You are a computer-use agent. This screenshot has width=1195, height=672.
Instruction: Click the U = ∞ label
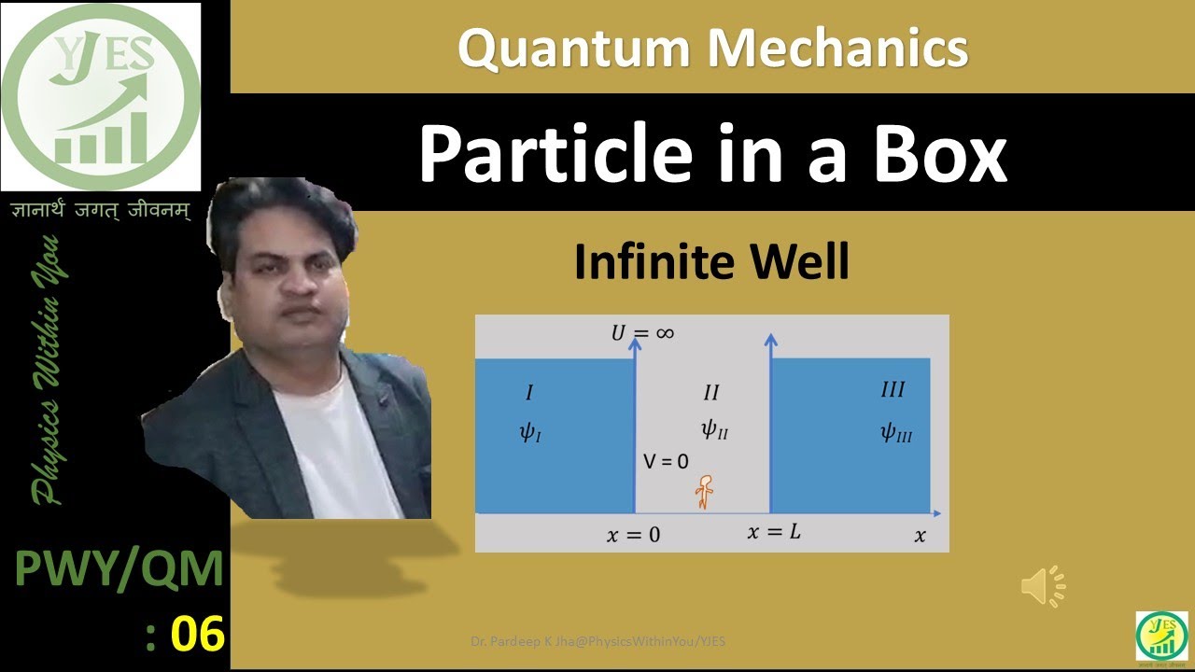click(x=642, y=332)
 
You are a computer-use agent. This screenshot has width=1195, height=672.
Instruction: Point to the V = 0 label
click(x=666, y=461)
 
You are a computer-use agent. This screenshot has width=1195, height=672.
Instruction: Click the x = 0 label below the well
click(x=633, y=536)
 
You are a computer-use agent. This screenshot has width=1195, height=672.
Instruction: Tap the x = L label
click(x=774, y=533)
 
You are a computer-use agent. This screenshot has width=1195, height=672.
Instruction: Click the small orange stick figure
click(x=704, y=492)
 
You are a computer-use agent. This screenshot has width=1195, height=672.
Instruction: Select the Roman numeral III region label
click(x=893, y=389)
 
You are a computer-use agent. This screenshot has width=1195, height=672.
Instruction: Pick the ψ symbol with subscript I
click(x=529, y=432)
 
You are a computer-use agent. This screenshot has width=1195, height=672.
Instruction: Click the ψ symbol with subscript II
click(x=713, y=429)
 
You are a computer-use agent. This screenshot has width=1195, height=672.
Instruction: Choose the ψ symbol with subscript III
click(x=895, y=432)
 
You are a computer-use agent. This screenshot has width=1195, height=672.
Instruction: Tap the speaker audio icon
click(x=1042, y=586)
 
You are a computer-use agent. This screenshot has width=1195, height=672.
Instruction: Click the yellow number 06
click(x=198, y=636)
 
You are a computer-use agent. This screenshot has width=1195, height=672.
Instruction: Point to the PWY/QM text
click(x=119, y=570)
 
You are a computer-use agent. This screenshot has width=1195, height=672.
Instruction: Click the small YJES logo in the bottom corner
click(x=1161, y=637)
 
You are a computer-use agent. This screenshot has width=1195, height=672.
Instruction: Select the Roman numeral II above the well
click(x=710, y=392)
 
